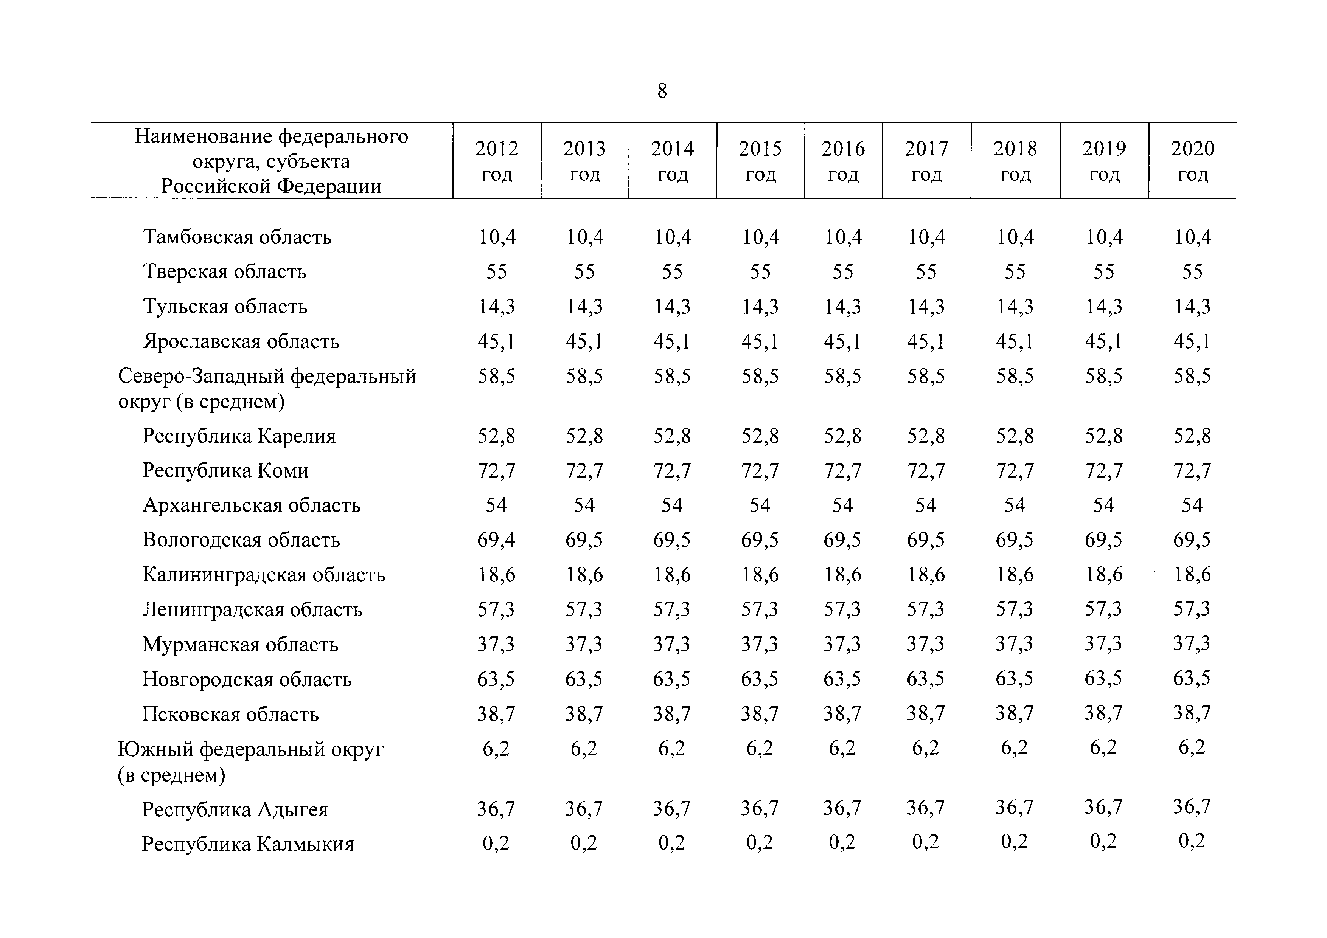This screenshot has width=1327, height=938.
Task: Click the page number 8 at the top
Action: [x=662, y=91]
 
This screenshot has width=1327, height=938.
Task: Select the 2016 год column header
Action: [x=843, y=161]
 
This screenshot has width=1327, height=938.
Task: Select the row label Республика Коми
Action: [x=225, y=471]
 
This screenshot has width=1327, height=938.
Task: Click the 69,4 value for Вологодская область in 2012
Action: [x=496, y=540]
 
